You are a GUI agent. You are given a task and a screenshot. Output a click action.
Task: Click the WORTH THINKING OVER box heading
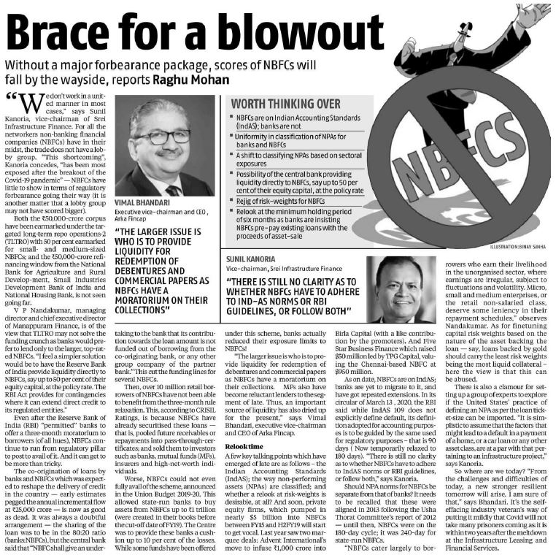click(x=276, y=104)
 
